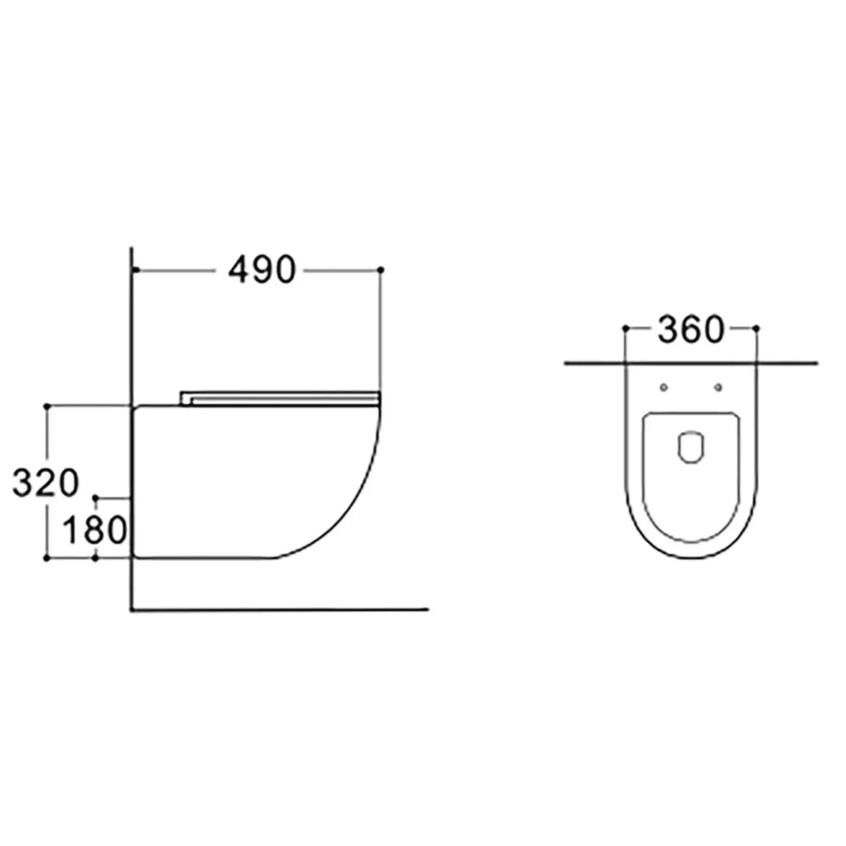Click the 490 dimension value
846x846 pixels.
[262, 270]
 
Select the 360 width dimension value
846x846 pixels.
[691, 330]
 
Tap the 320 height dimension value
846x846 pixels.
[45, 484]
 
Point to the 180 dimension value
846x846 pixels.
[94, 530]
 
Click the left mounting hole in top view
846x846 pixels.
[663, 387]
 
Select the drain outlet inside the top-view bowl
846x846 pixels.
[691, 448]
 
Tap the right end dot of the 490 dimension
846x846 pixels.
[381, 270]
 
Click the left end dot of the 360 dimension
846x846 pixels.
[625, 329]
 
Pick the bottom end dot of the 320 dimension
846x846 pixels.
[47, 559]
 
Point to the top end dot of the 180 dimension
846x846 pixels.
[96, 498]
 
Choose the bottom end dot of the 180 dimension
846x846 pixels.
[96, 559]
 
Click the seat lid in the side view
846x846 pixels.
[281, 397]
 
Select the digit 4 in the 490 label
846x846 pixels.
[239, 270]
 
